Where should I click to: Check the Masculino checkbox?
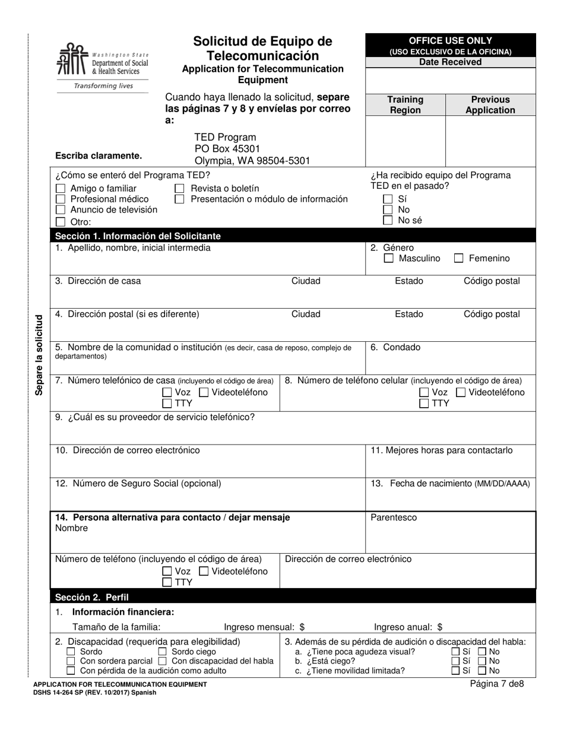pyautogui.click(x=389, y=259)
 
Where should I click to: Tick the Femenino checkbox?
pyautogui.click(x=459, y=259)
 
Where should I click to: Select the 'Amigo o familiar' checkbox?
pyautogui.click(x=61, y=189)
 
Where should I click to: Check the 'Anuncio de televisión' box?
pyautogui.click(x=61, y=210)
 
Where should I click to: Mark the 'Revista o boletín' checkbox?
pyautogui.click(x=180, y=189)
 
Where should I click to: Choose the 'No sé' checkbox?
pyautogui.click(x=388, y=221)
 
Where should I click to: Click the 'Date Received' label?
pyautogui.click(x=450, y=62)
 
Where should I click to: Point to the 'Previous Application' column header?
pyautogui.click(x=490, y=105)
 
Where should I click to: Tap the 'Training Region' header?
pyautogui.click(x=405, y=105)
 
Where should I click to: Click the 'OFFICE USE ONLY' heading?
pyautogui.click(x=450, y=41)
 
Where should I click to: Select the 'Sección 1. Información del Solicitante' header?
pyautogui.click(x=138, y=236)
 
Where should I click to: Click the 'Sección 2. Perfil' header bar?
pyautogui.click(x=92, y=597)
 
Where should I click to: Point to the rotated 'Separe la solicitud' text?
pyautogui.click(x=40, y=355)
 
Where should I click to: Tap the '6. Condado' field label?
pyautogui.click(x=395, y=347)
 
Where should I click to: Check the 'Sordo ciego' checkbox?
pyautogui.click(x=163, y=652)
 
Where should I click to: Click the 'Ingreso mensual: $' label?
pyautogui.click(x=264, y=627)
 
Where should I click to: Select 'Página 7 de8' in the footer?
pyautogui.click(x=497, y=684)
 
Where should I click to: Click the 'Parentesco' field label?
pyautogui.click(x=394, y=518)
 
